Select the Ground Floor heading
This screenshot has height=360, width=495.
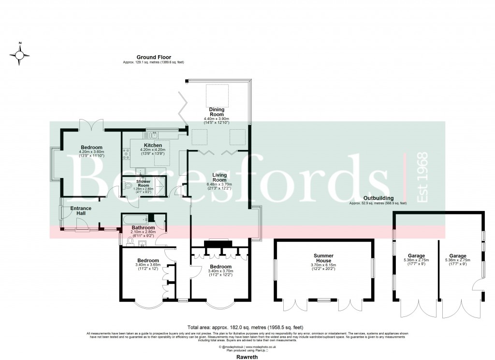click(153, 57)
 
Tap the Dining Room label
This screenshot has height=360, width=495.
click(216, 112)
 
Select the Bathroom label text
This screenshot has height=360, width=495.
click(144, 227)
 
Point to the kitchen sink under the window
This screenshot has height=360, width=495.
click(153, 135)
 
